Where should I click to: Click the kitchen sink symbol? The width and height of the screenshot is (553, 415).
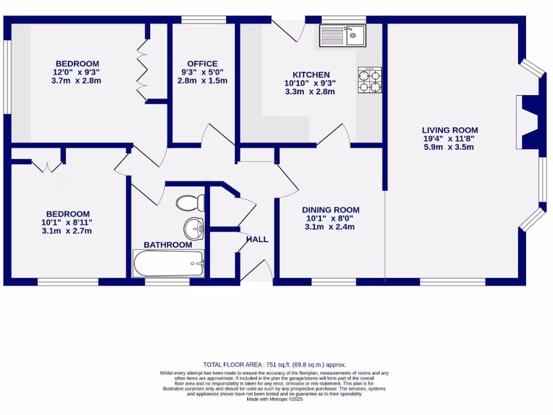pyautogui.click(x=342, y=36)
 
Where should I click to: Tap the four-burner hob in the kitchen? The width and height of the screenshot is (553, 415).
pyautogui.click(x=370, y=80)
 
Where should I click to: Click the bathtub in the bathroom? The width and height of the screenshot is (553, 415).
pyautogui.click(x=168, y=263)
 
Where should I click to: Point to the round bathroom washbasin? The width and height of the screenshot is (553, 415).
pyautogui.click(x=193, y=229)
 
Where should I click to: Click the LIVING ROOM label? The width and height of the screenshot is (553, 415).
pyautogui.click(x=450, y=130)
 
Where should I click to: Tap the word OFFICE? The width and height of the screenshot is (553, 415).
pyautogui.click(x=203, y=63)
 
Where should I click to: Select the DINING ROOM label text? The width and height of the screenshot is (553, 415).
pyautogui.click(x=331, y=210)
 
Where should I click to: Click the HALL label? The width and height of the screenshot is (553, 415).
pyautogui.click(x=257, y=239)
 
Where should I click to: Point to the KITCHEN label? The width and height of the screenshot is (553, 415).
pyautogui.click(x=311, y=75)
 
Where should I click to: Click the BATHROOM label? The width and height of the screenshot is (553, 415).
pyautogui.click(x=167, y=245)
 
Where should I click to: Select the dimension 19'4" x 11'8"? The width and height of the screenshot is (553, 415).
pyautogui.click(x=450, y=138)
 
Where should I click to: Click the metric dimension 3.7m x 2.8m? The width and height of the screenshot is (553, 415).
pyautogui.click(x=76, y=81)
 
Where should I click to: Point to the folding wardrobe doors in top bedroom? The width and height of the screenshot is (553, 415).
pyautogui.click(x=143, y=68)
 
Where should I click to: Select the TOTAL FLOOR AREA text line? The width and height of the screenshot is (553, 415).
pyautogui.click(x=274, y=365)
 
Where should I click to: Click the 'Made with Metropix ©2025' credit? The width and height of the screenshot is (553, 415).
pyautogui.click(x=274, y=399)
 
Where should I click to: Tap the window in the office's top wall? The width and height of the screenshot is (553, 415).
pyautogui.click(x=203, y=20)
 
